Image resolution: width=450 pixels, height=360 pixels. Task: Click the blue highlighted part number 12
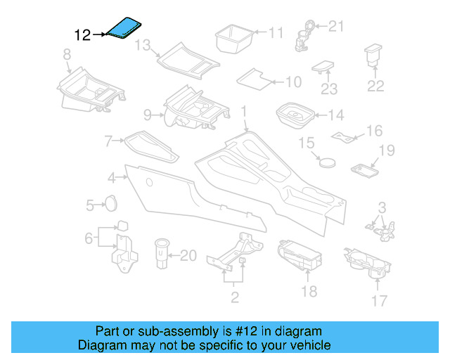pos(124,30)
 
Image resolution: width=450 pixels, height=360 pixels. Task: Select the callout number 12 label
pos(83,34)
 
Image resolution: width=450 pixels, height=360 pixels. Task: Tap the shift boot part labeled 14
pos(296,115)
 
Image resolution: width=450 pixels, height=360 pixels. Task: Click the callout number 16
pos(374,131)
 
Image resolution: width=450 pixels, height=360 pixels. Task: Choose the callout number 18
pos(309,291)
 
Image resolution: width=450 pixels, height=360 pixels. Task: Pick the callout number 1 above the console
pos(244,111)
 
